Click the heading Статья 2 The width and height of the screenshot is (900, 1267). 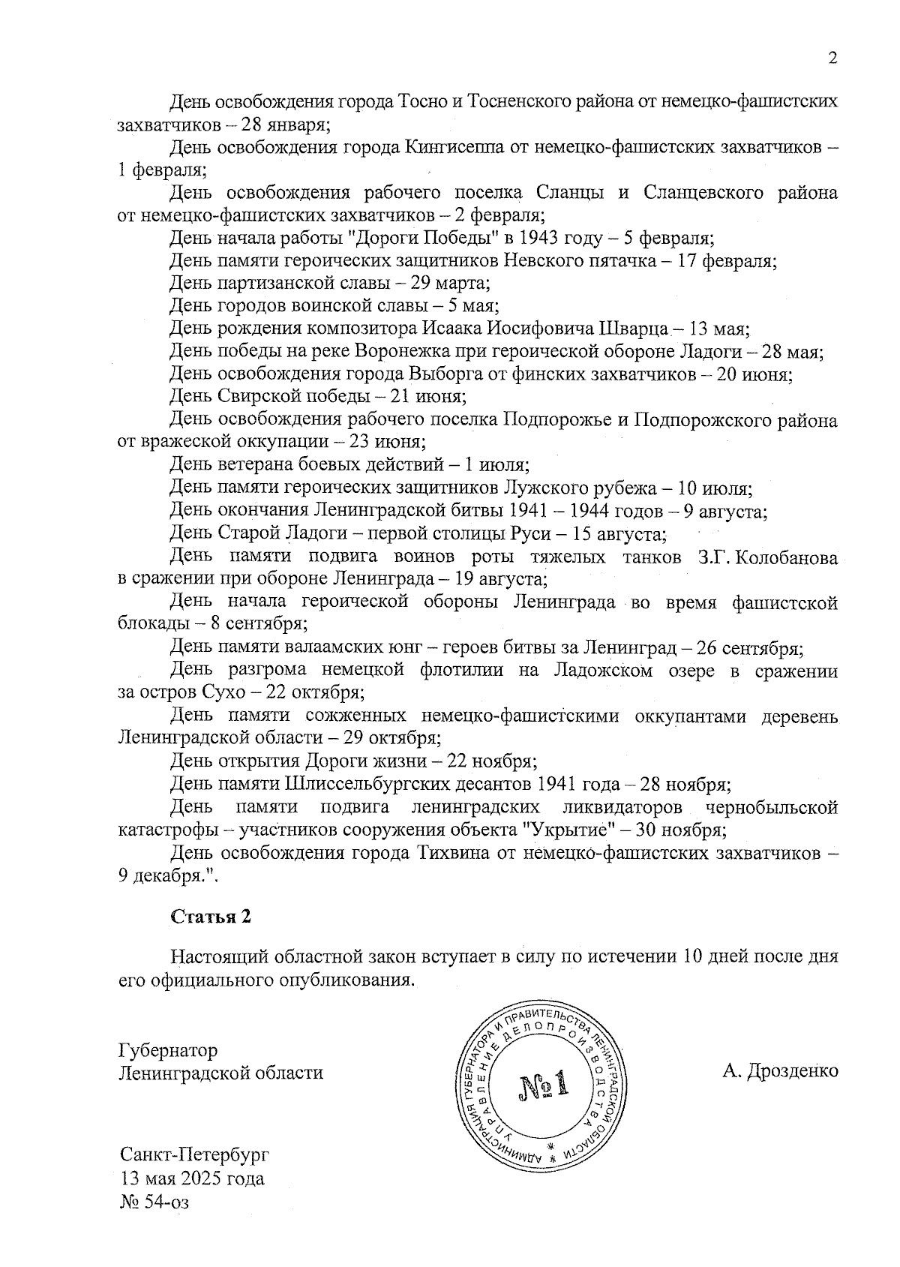tap(210, 917)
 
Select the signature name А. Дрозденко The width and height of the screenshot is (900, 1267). tap(780, 1070)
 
